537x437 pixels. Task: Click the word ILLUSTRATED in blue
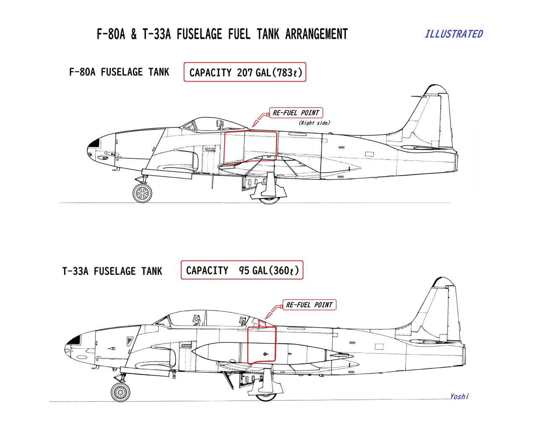(454, 34)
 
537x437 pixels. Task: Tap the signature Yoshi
(459, 397)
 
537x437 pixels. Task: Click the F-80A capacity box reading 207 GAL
(245, 72)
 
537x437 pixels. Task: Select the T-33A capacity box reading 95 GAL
(242, 270)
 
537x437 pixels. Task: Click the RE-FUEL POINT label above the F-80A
(296, 113)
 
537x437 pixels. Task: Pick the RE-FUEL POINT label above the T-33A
(309, 305)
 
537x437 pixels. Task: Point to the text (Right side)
(314, 123)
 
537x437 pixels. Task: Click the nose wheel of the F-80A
(143, 193)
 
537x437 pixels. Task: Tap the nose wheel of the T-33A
(120, 392)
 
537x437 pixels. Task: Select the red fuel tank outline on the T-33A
(248, 346)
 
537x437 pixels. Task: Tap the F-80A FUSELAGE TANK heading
(119, 72)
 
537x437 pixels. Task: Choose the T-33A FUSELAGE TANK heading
(112, 271)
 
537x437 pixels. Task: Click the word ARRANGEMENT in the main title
(316, 34)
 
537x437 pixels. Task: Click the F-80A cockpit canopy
(212, 124)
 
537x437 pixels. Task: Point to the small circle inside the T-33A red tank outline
(265, 354)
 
